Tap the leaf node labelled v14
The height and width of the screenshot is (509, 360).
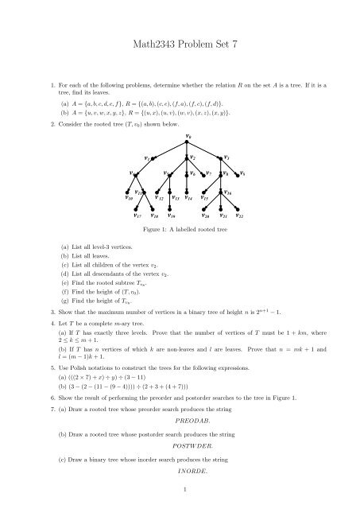(x=188, y=195)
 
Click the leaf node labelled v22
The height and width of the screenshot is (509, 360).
(x=239, y=215)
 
